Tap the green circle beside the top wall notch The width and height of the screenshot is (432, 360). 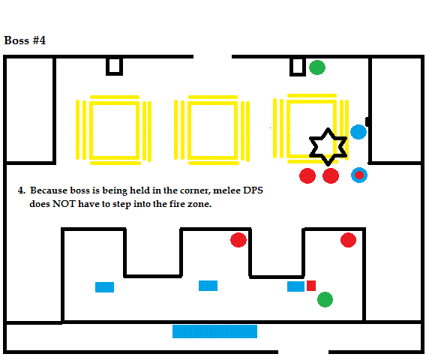pos(317,67)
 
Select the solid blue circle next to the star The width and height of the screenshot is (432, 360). pos(358,132)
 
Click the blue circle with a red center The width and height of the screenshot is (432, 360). pos(359,175)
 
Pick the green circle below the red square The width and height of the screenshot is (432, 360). pos(325,299)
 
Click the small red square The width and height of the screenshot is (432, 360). pos(311,286)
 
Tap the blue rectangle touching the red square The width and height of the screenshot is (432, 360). pos(295,286)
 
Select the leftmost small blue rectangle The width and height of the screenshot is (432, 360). pos(104,287)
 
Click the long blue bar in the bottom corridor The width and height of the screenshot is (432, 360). pos(214,331)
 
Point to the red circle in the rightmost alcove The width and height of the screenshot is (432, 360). pos(348,240)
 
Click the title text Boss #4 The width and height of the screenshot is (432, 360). pos(25,40)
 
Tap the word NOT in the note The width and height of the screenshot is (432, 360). pos(64,204)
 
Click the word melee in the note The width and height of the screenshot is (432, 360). pos(226,190)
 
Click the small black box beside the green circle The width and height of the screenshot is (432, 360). pos(298,67)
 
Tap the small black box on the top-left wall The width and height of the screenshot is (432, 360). pos(114,66)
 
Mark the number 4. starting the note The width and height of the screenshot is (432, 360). pos(22,190)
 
